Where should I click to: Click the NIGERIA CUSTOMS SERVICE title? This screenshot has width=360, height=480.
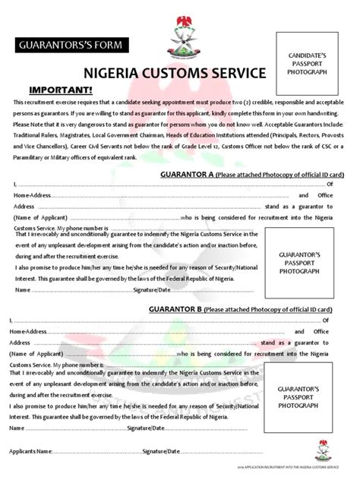(x=175, y=74)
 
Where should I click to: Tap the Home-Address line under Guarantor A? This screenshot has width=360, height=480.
(x=152, y=195)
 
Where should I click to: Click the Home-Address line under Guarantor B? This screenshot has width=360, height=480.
(x=152, y=332)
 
